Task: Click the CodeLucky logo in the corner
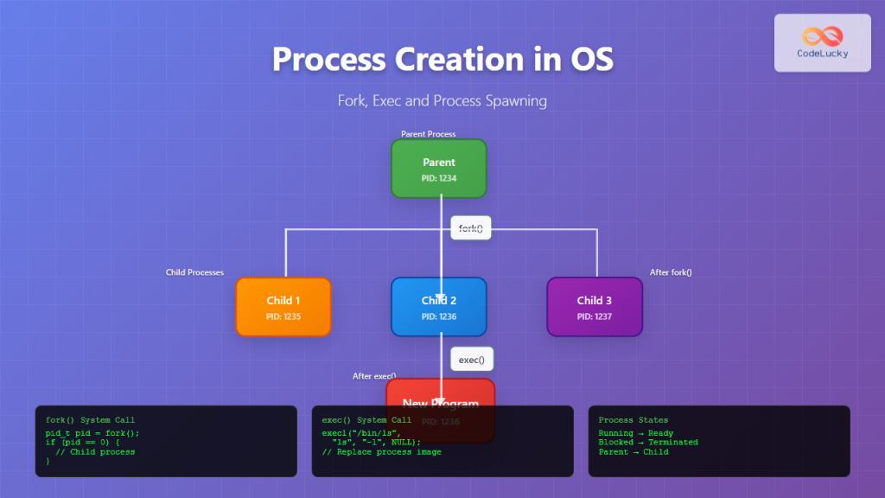click(822, 42)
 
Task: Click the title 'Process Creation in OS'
click(442, 59)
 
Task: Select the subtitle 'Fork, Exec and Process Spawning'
click(442, 100)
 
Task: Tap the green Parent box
click(439, 169)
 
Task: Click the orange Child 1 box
click(283, 306)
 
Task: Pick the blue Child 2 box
click(439, 306)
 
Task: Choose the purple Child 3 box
click(595, 306)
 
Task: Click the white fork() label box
click(471, 228)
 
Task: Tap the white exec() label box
click(471, 360)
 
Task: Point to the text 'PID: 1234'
click(439, 179)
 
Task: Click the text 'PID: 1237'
click(595, 317)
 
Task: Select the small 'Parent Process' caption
click(428, 134)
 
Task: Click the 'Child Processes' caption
click(194, 272)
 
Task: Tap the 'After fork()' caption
click(671, 272)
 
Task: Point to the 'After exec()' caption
click(374, 376)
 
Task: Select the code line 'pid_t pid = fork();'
click(92, 433)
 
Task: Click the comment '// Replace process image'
click(381, 452)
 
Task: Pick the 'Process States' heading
click(634, 420)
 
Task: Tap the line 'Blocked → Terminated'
click(648, 443)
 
